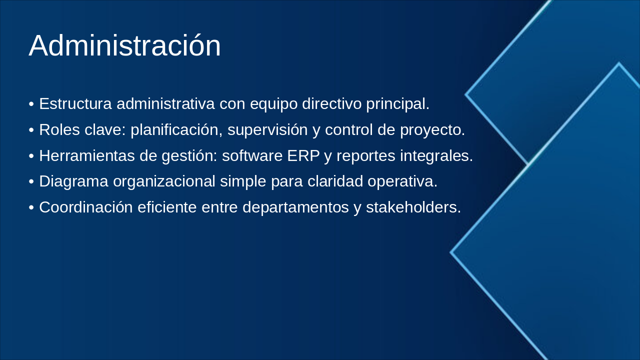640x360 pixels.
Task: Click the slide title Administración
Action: pyautogui.click(x=125, y=45)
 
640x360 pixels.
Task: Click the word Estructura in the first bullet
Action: pyautogui.click(x=75, y=103)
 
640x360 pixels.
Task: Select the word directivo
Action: pyautogui.click(x=331, y=103)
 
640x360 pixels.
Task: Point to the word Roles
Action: pyautogui.click(x=59, y=129)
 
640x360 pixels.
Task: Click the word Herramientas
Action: pyautogui.click(x=87, y=155)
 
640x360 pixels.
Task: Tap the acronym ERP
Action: pyautogui.click(x=303, y=155)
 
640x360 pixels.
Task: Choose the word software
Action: pyautogui.click(x=252, y=155)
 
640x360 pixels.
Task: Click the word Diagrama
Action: pyautogui.click(x=73, y=181)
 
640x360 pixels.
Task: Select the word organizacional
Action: pyautogui.click(x=164, y=181)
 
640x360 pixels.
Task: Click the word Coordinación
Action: pyautogui.click(x=86, y=207)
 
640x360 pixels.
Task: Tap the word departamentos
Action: pyautogui.click(x=295, y=207)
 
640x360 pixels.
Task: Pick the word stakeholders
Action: pyautogui.click(x=413, y=207)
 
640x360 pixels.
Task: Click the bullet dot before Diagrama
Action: pyautogui.click(x=31, y=182)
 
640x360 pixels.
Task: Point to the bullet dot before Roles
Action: pyautogui.click(x=31, y=130)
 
